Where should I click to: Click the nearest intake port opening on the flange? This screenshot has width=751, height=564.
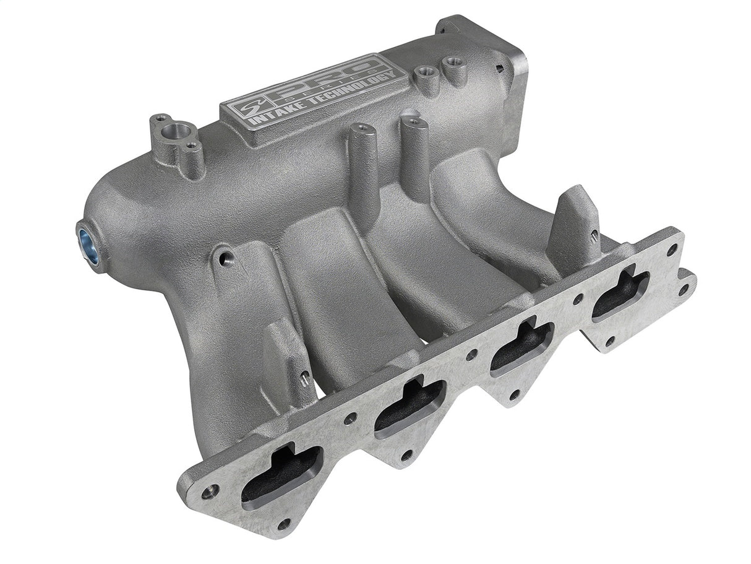click(x=282, y=473)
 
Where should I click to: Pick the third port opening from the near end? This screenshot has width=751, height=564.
click(x=521, y=347)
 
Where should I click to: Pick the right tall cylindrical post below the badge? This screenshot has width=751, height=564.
click(x=414, y=121)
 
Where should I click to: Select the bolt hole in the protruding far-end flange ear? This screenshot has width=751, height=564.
click(x=683, y=289)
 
